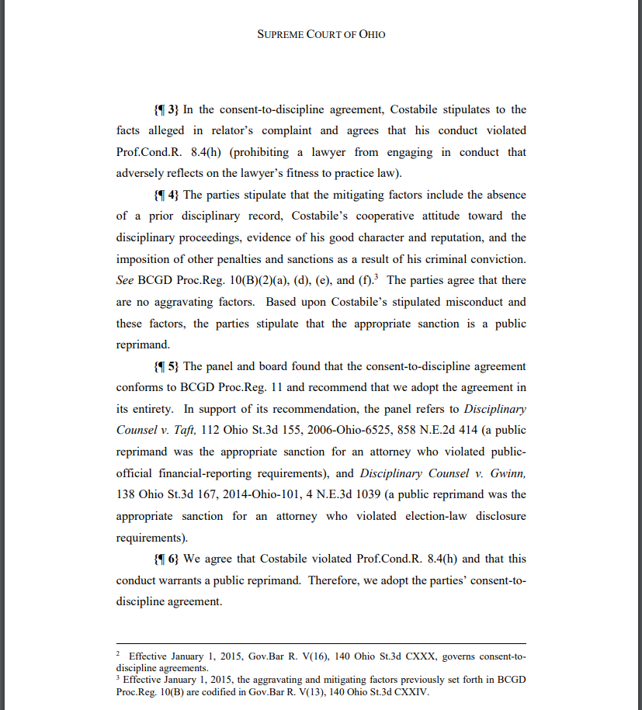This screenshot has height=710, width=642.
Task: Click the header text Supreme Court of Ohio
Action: pyautogui.click(x=321, y=34)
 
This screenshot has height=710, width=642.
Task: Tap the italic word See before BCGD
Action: pyautogui.click(x=125, y=280)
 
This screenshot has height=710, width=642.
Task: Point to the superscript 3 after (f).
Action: pyautogui.click(x=376, y=277)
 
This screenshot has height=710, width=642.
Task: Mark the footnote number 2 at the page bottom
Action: pyautogui.click(x=118, y=655)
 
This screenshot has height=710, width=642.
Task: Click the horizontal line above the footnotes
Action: pyautogui.click(x=321, y=643)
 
